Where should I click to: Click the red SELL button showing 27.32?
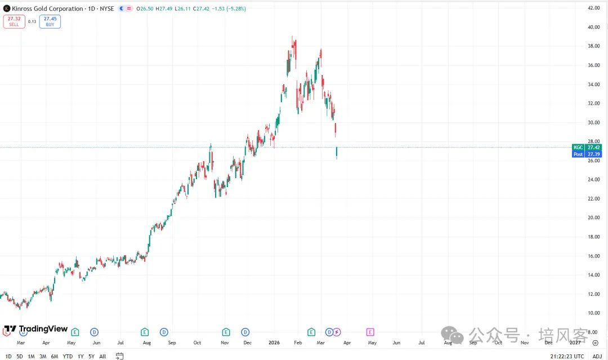(14, 21)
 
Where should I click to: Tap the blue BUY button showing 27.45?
(50, 21)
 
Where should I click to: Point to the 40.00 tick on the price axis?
(593, 27)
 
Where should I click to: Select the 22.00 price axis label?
(593, 198)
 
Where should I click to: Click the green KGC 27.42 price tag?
(586, 147)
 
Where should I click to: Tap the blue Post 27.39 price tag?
(586, 154)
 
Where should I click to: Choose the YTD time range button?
(68, 356)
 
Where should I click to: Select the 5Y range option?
(91, 356)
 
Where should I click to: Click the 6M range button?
(55, 356)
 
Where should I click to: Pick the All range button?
(102, 356)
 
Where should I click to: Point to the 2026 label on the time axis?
(274, 342)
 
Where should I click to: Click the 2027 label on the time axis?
(575, 342)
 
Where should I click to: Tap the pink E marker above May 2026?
(370, 332)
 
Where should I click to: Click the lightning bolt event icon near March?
(337, 332)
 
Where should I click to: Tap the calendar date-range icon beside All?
(119, 356)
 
